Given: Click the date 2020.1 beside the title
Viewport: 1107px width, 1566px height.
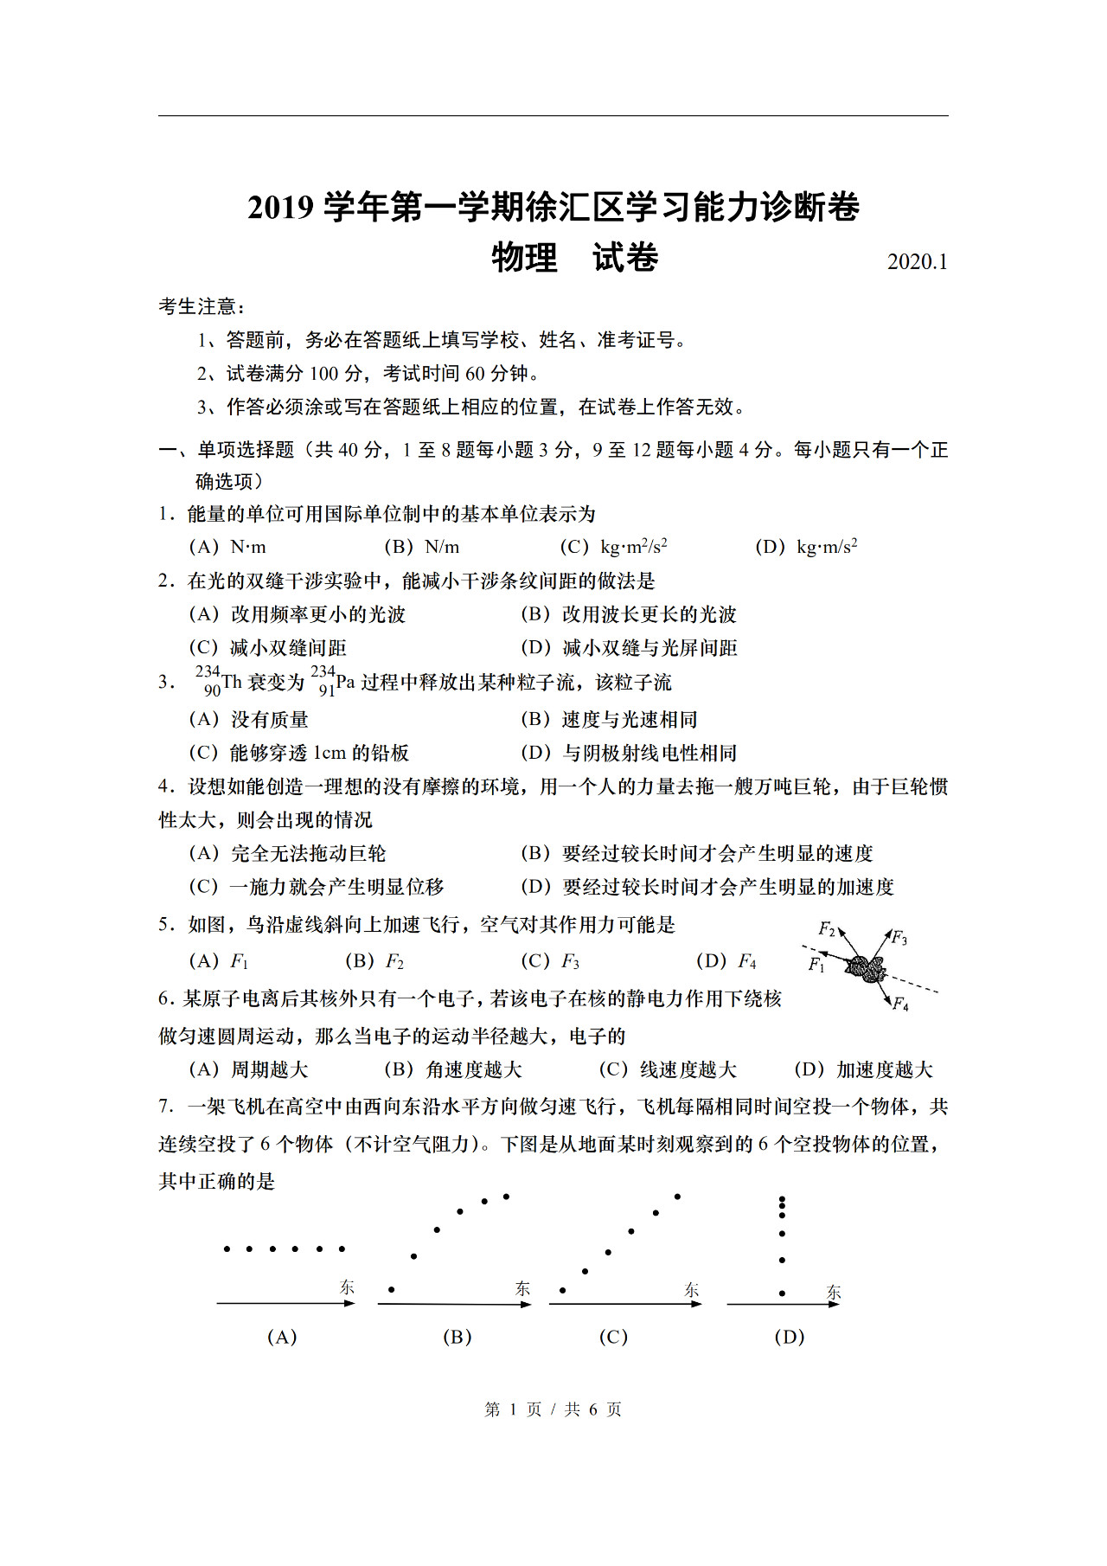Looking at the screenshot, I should [917, 262].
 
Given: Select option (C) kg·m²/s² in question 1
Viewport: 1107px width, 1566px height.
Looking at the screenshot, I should [614, 547].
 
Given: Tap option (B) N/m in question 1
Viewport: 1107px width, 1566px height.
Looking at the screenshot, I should [422, 547].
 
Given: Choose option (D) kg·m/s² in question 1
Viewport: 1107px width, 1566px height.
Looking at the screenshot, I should [806, 547].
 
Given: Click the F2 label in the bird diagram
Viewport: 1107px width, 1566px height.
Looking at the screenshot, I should [827, 930].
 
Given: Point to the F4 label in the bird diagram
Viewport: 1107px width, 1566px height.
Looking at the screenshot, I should [900, 1004].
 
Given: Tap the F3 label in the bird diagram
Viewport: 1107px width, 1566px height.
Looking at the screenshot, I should [899, 938].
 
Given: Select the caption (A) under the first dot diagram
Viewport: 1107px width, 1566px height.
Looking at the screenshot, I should [282, 1337].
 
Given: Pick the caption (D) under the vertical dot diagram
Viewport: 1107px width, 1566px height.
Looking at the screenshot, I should [789, 1337].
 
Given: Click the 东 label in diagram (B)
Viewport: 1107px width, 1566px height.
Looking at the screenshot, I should [522, 1288].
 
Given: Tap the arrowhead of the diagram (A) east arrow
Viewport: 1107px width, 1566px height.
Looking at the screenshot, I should [350, 1303].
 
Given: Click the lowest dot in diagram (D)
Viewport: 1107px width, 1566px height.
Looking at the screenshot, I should [782, 1293].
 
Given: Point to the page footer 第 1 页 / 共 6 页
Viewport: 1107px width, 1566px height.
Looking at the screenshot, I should [553, 1409].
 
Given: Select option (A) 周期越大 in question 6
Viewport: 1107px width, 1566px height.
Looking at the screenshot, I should [249, 1070].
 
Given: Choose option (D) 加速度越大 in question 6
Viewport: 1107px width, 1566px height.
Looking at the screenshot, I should [863, 1070].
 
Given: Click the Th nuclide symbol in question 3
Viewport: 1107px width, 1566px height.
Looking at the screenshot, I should [220, 682].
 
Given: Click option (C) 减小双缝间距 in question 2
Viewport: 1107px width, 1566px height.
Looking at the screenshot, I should [268, 648].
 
